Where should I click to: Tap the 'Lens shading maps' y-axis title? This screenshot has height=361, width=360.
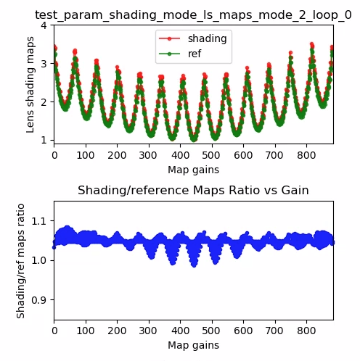(x=30, y=84)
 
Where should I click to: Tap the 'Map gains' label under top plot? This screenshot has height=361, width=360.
(x=193, y=170)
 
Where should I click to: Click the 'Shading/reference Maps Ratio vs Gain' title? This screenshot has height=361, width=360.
(x=193, y=191)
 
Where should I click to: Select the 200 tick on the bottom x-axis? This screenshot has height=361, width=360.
(x=117, y=331)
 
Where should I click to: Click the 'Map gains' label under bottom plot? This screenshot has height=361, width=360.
(x=193, y=346)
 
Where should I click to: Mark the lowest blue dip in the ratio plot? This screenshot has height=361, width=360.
(x=194, y=265)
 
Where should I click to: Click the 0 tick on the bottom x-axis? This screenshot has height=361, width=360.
(x=54, y=331)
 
